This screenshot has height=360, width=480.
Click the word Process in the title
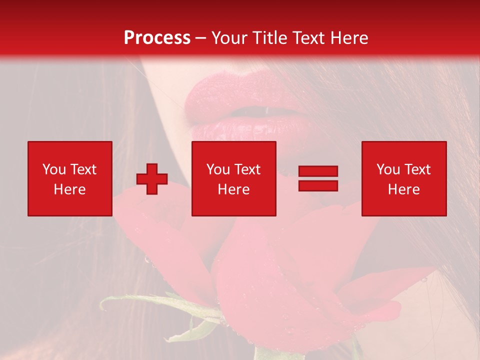[x=157, y=38]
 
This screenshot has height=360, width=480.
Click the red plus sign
[x=152, y=179]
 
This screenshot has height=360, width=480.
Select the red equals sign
[x=318, y=178]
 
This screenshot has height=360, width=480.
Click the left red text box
[x=70, y=178]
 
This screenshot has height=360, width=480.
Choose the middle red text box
[x=233, y=178]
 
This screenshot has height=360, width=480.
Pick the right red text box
[x=404, y=178]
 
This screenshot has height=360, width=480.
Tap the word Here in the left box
[x=70, y=189]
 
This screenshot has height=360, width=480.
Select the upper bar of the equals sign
[x=318, y=171]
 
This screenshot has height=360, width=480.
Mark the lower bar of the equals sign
[x=318, y=185]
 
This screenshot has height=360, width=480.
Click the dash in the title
[x=201, y=38]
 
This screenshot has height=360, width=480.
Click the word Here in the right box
[x=404, y=189]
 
